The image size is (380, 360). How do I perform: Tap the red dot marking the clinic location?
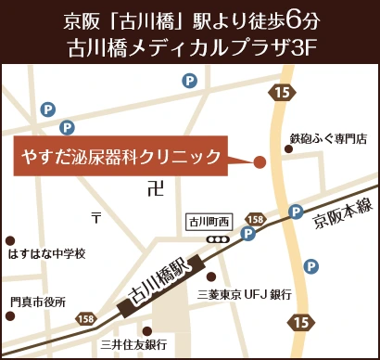point(260,161)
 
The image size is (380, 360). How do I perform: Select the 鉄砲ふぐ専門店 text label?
point(328,138)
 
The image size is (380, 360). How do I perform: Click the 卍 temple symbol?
point(154,188)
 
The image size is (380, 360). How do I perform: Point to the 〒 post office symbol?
point(95,219)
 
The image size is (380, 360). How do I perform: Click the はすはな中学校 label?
point(45,253)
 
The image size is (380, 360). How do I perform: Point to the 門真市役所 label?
point(38,302)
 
